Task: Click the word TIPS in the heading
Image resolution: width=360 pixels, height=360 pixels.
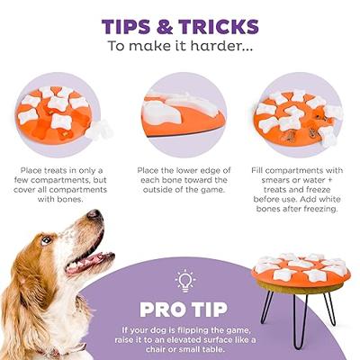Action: (126, 26)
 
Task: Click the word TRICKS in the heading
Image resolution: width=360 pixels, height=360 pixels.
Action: (219, 26)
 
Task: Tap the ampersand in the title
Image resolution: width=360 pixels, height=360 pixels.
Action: (165, 26)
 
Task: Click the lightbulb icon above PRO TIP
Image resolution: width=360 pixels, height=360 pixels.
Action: (185, 281)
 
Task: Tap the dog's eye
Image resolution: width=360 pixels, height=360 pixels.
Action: (46, 239)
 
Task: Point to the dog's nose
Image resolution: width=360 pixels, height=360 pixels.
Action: (94, 214)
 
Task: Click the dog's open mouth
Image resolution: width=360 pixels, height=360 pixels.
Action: (88, 260)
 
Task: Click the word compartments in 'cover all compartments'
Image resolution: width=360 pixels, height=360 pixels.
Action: (78, 190)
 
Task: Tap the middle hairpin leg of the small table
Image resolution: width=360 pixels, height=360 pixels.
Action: (300, 320)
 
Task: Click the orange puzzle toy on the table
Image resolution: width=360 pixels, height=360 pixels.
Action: (301, 269)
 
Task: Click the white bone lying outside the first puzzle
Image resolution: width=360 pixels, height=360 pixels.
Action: (99, 130)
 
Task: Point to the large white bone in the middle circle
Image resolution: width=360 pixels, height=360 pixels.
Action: (158, 112)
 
